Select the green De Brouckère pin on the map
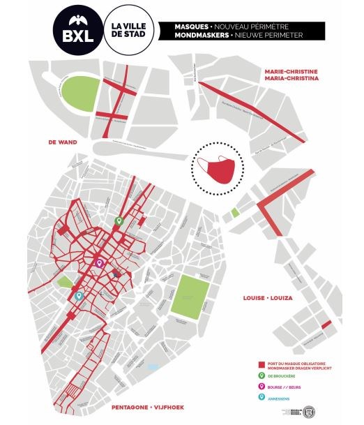[x=119, y=221]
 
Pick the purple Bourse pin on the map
[x=99, y=264]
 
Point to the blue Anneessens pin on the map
[x=79, y=296]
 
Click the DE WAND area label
[x=62, y=142]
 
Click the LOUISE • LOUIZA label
[x=267, y=298]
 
